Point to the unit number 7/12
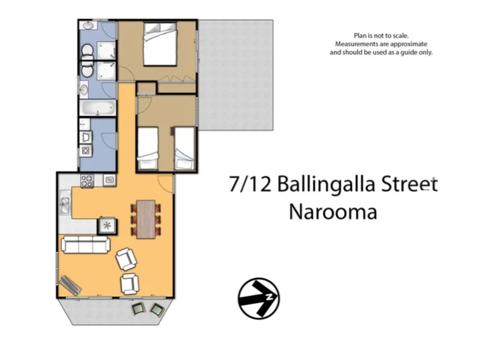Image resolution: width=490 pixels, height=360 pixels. [251, 184]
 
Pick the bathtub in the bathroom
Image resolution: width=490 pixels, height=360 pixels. [97, 107]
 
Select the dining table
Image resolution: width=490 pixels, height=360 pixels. [145, 218]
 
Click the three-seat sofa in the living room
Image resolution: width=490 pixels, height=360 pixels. [86, 245]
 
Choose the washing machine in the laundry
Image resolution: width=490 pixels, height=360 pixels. [86, 151]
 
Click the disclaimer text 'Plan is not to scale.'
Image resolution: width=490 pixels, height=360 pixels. [381, 36]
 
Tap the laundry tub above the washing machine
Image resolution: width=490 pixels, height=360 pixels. [86, 137]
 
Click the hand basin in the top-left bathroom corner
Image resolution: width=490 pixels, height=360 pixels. [88, 26]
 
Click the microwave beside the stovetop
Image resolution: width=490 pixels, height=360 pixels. [109, 179]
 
